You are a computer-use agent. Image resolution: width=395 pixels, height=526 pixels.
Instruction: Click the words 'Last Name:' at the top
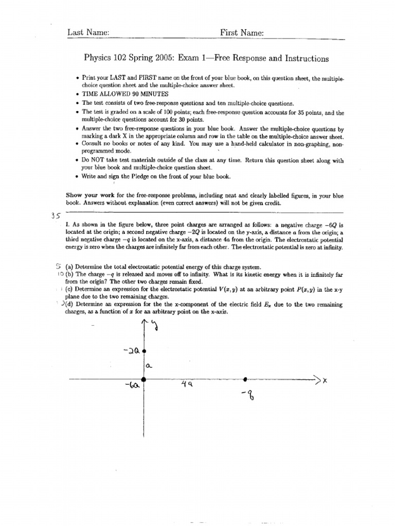point(88,32)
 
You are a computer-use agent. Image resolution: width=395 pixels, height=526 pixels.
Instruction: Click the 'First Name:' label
point(242,32)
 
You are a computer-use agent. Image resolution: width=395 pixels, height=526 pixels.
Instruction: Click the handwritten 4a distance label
point(187,384)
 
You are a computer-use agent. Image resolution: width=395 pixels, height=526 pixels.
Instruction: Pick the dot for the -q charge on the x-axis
point(245,379)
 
